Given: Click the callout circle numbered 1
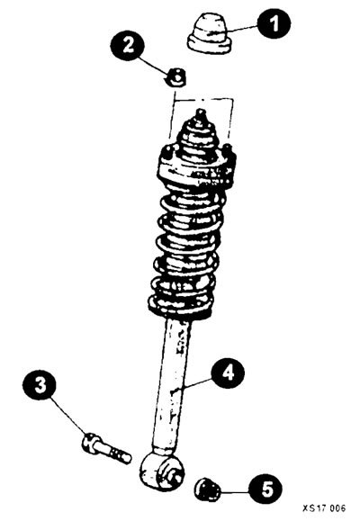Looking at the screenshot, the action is click(274, 23).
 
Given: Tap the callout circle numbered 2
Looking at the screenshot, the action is click(127, 45).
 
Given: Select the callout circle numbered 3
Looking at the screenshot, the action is click(40, 385).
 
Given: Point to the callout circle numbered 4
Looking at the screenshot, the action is click(228, 372).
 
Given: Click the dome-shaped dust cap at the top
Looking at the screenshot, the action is click(209, 33).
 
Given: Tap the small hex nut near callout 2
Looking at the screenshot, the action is click(176, 78).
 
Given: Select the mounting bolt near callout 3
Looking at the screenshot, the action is click(106, 449).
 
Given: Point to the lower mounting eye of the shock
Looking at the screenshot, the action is click(162, 472).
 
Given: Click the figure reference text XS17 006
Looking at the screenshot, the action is click(324, 508).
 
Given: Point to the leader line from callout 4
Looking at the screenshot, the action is click(197, 382).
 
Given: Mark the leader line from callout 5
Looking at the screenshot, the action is click(235, 491).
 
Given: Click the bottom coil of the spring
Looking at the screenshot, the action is click(181, 308).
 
